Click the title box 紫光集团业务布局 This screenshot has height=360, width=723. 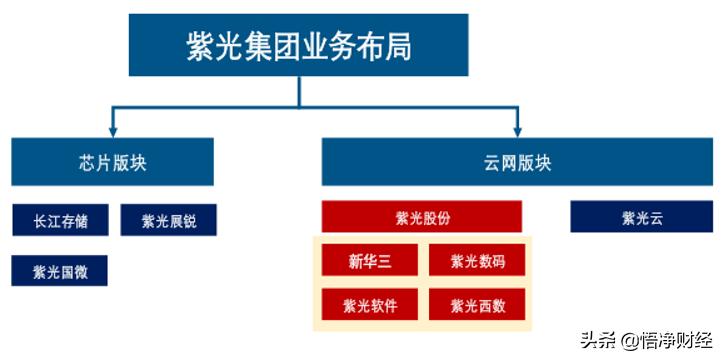(x=298, y=45)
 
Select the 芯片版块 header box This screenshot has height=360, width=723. (x=112, y=162)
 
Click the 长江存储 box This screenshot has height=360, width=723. (x=60, y=220)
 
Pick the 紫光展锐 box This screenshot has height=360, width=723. (x=168, y=220)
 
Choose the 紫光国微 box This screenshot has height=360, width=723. (x=60, y=270)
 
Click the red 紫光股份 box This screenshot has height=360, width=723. (x=422, y=216)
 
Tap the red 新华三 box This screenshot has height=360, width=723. (x=369, y=262)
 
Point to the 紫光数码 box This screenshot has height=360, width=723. (x=476, y=262)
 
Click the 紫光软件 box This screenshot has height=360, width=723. (x=369, y=304)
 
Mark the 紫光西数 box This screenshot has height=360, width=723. (x=476, y=304)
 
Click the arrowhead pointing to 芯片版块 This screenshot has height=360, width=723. (x=112, y=131)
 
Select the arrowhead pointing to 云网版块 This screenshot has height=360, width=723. (x=517, y=131)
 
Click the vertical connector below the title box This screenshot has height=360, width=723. (x=298, y=91)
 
